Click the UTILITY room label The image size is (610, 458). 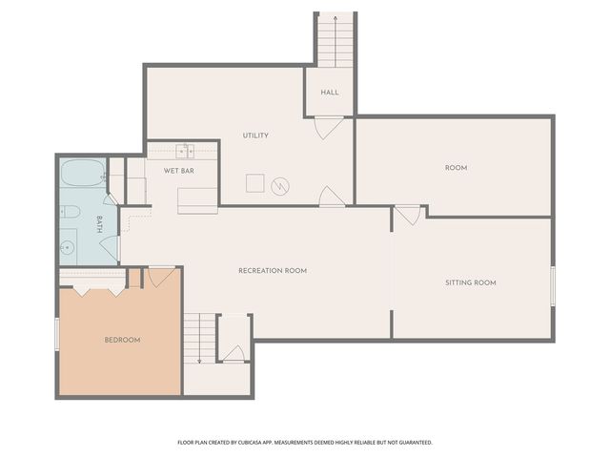(255, 135)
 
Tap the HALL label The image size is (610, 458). (330, 93)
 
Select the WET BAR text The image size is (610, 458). (179, 171)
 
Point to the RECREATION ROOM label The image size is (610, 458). (273, 271)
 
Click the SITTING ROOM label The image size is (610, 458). (471, 282)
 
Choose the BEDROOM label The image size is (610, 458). (122, 341)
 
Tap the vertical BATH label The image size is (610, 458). (98, 225)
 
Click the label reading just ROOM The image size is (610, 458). (456, 168)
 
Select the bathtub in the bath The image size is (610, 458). (81, 175)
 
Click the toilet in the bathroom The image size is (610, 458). (70, 212)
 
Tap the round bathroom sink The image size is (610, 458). (68, 249)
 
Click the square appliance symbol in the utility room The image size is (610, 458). (254, 183)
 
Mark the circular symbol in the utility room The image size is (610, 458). (280, 185)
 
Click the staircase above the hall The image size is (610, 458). (335, 40)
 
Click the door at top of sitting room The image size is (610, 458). (408, 215)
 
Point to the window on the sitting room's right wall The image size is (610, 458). (553, 285)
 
